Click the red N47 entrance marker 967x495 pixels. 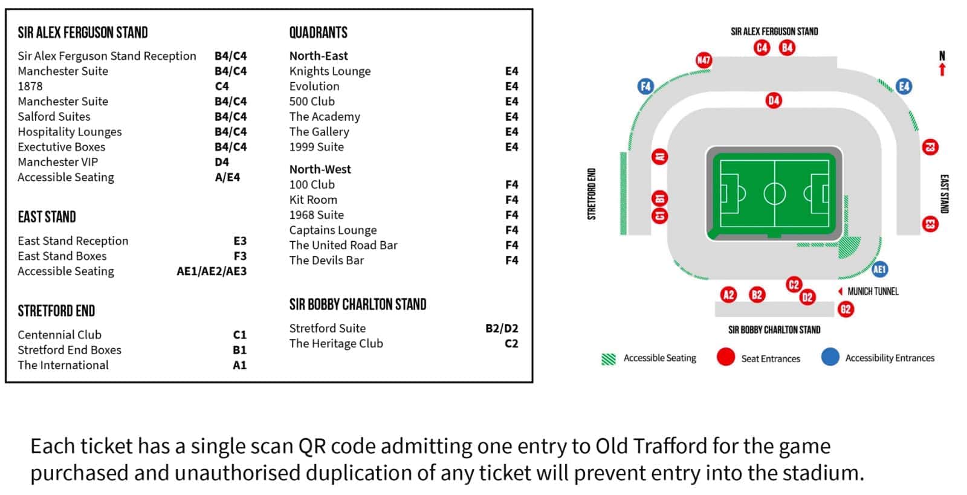tap(703, 60)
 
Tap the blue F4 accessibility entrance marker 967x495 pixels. tap(646, 86)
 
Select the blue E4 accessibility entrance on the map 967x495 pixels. tap(904, 86)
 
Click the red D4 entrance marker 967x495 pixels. tap(774, 100)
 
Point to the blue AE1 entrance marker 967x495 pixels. tap(880, 270)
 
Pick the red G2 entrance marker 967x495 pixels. tap(846, 309)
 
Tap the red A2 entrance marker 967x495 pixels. tap(729, 295)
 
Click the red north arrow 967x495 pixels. tap(942, 70)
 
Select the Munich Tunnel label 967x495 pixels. tap(873, 291)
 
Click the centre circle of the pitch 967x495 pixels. tap(774, 193)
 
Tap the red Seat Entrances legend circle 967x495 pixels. tap(726, 357)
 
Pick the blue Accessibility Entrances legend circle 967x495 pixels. tap(830, 357)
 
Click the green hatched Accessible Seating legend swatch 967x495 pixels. tap(609, 359)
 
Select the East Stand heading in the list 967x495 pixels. tap(47, 216)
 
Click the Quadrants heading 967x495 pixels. tap(318, 33)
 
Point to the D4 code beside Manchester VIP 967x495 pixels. tap(222, 162)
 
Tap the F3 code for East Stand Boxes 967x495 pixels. tap(240, 256)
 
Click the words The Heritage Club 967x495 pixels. tap(336, 343)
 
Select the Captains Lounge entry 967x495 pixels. tap(333, 230)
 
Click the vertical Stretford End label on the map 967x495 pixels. tap(592, 194)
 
